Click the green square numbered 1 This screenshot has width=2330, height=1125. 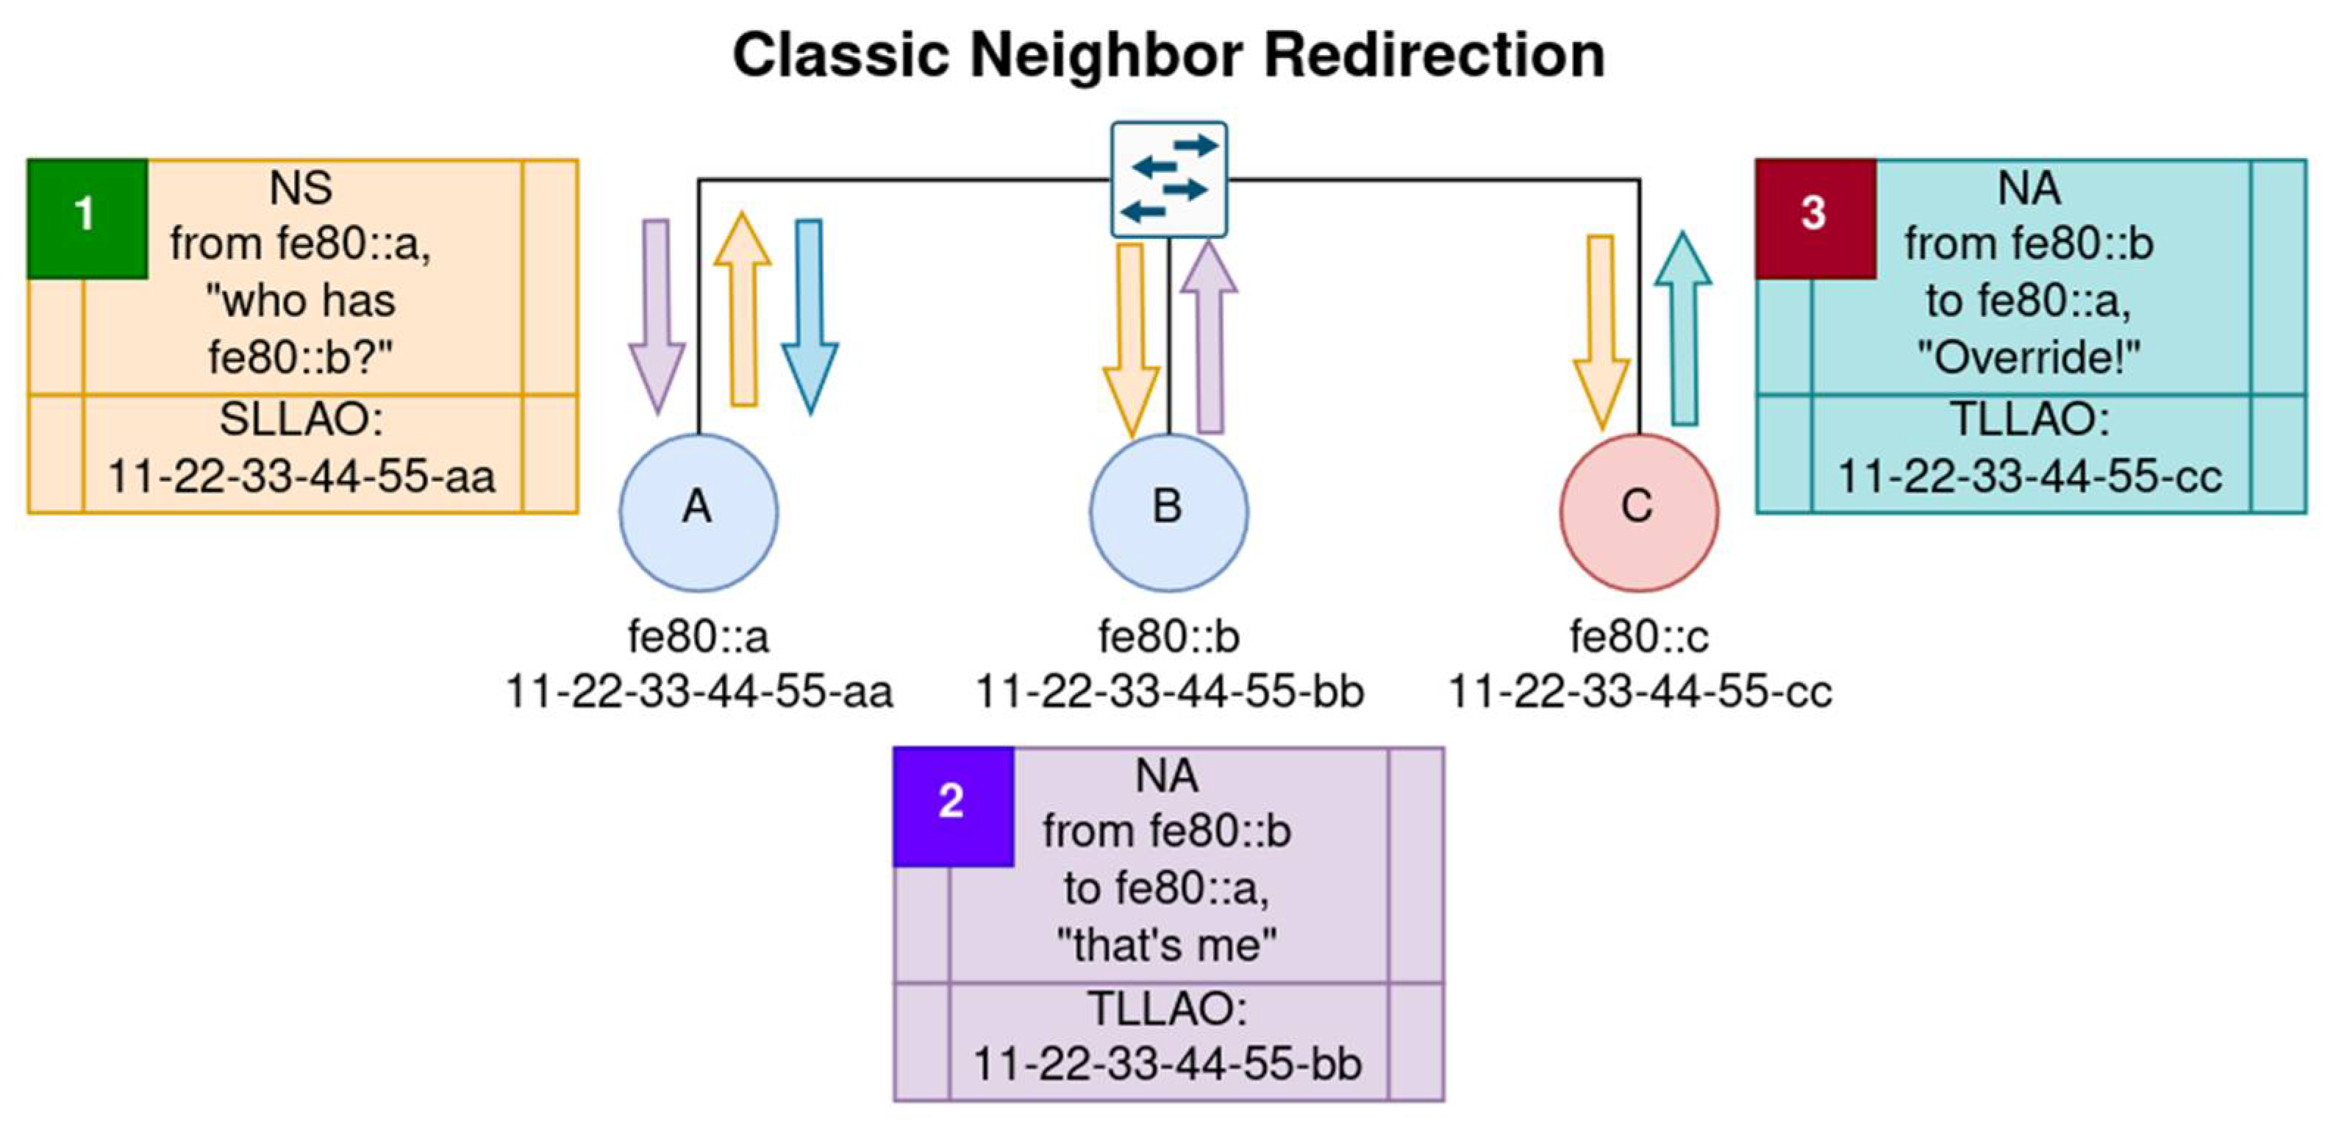(87, 218)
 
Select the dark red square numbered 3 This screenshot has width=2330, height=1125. (1815, 218)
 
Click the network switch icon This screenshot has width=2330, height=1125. (1168, 179)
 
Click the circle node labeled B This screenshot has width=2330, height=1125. (1168, 512)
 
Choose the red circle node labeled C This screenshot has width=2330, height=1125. (1639, 512)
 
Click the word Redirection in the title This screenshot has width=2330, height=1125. (1434, 55)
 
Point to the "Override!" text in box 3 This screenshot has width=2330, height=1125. (2028, 358)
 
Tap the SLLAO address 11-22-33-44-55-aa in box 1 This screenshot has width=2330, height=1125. (301, 476)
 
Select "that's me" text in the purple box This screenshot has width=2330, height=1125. (1167, 945)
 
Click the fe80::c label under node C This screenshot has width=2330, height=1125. (1639, 637)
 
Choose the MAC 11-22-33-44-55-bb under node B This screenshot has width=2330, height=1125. (1168, 693)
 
